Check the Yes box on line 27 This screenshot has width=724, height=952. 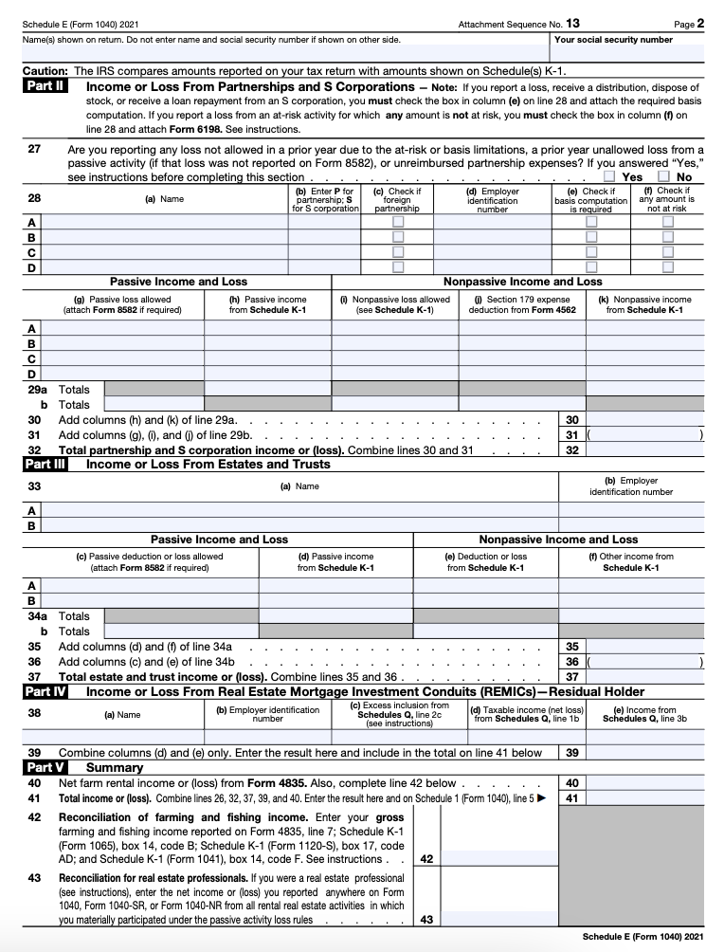[x=610, y=176]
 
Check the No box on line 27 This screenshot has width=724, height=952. [x=663, y=176]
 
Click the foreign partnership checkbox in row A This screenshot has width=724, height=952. [x=398, y=222]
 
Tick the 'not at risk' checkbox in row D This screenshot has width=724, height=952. [x=667, y=267]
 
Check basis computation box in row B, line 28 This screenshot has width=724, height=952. [x=591, y=237]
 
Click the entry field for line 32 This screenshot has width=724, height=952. [x=644, y=450]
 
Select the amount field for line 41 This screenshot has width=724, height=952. [x=644, y=798]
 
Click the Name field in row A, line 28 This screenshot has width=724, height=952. [x=165, y=222]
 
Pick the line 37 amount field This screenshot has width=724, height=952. [x=644, y=677]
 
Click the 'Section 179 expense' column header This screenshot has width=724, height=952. [x=520, y=304]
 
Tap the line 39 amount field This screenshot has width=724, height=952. [x=644, y=753]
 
